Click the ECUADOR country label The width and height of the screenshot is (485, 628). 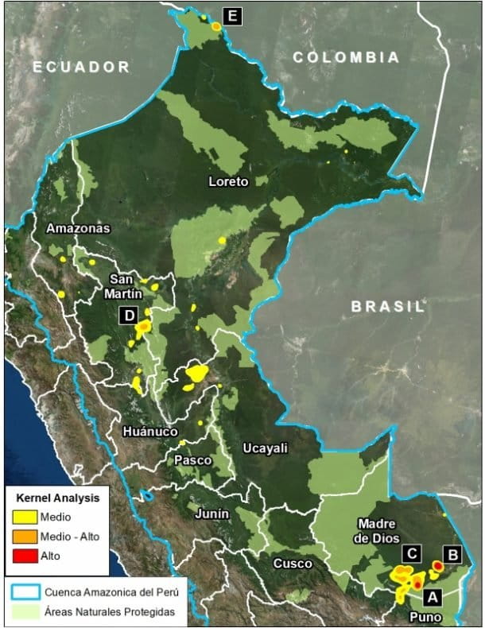point(81,67)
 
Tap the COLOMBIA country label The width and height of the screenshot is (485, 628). point(345,57)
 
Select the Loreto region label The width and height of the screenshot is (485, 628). point(228,181)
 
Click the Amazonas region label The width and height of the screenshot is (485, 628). point(78,228)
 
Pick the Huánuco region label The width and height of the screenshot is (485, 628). point(150,432)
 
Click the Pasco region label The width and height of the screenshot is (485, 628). point(192,460)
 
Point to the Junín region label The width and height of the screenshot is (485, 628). point(211,514)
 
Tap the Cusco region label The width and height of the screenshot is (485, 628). point(288,563)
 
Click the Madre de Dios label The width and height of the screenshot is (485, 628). point(377,530)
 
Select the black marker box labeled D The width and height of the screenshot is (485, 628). point(129,316)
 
